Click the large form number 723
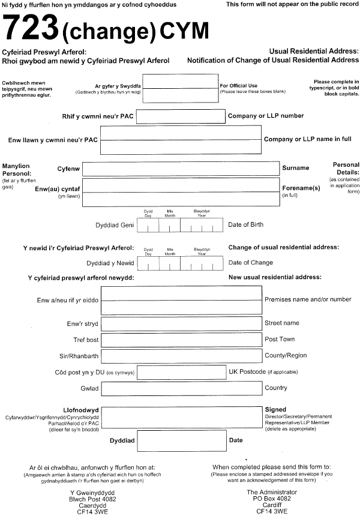[x=30, y=27]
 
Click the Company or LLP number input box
[x=181, y=116]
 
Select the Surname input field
[x=181, y=169]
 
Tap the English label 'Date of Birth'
[x=245, y=224]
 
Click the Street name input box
[x=181, y=324]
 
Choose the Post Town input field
[x=181, y=340]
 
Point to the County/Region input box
[x=181, y=356]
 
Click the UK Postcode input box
[x=181, y=372]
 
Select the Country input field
[x=182, y=388]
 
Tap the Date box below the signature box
[x=182, y=440]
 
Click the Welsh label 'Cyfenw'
[x=68, y=169]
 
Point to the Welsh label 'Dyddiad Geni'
[x=115, y=225]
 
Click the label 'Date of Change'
[x=251, y=263]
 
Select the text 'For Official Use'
[x=239, y=86]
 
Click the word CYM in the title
[x=184, y=31]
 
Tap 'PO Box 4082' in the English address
[x=272, y=499]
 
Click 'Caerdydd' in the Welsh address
[x=92, y=505]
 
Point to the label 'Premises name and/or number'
[x=308, y=299]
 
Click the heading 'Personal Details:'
[x=346, y=168]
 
